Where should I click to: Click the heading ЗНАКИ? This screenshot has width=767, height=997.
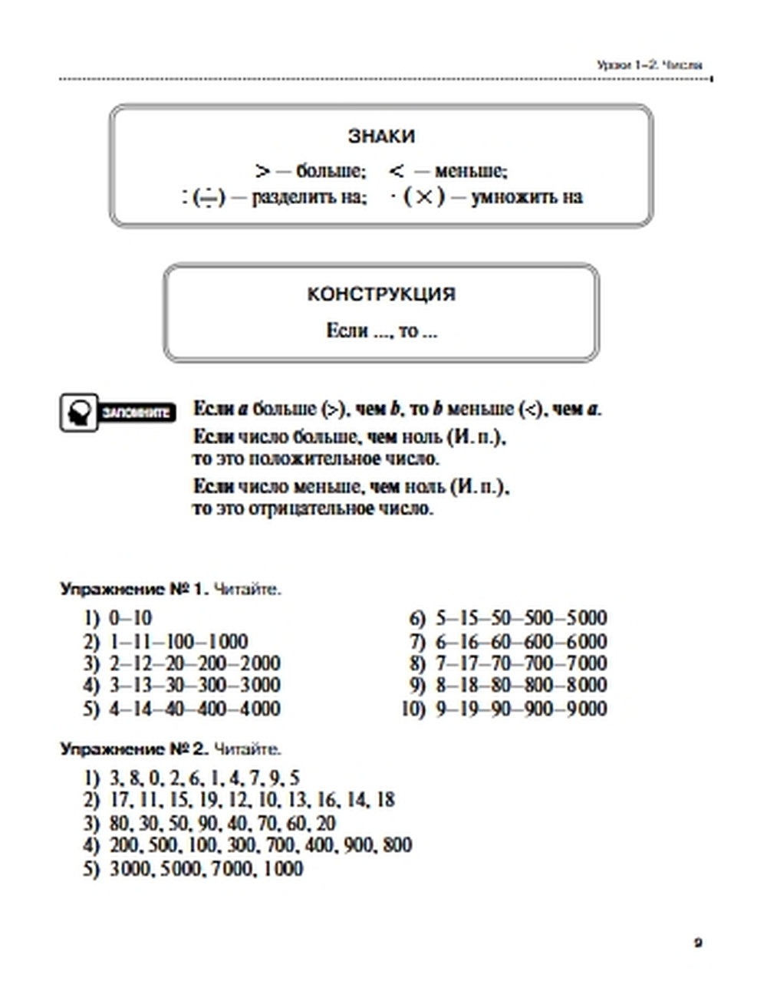381,137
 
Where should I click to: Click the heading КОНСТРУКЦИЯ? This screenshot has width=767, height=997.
381,294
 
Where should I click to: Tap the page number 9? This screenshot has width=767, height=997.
698,943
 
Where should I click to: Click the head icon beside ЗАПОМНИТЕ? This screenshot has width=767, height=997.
79,413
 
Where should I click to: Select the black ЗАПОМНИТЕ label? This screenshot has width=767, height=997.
136,413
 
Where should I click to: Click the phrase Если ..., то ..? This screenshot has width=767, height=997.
381,331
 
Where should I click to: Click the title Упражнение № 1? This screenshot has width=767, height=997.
134,591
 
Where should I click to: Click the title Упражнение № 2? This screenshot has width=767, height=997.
134,749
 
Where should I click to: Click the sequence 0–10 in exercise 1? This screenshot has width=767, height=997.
130,618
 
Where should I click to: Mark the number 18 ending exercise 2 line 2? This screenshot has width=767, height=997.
385,801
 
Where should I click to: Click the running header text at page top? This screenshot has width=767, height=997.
649,66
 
